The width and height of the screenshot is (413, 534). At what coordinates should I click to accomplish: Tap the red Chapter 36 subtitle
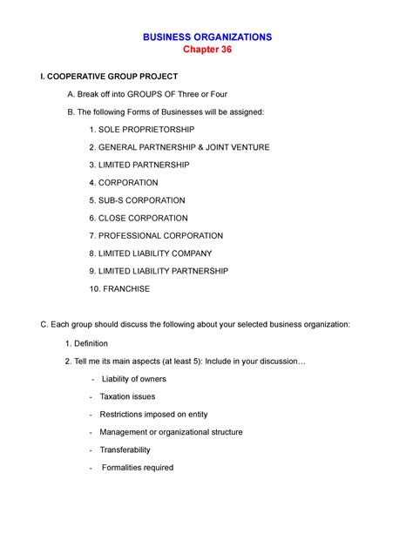tap(206, 51)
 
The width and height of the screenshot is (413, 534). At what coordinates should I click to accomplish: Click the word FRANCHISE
tap(126, 288)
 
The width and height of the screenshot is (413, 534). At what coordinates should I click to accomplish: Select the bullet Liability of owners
tap(133, 379)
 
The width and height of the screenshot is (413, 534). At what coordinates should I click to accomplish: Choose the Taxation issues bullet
tap(127, 396)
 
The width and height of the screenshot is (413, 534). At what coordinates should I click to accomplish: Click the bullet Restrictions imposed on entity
tap(153, 415)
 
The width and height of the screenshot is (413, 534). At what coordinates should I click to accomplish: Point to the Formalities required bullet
tap(138, 468)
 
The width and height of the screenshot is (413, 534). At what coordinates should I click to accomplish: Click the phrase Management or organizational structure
tap(171, 432)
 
